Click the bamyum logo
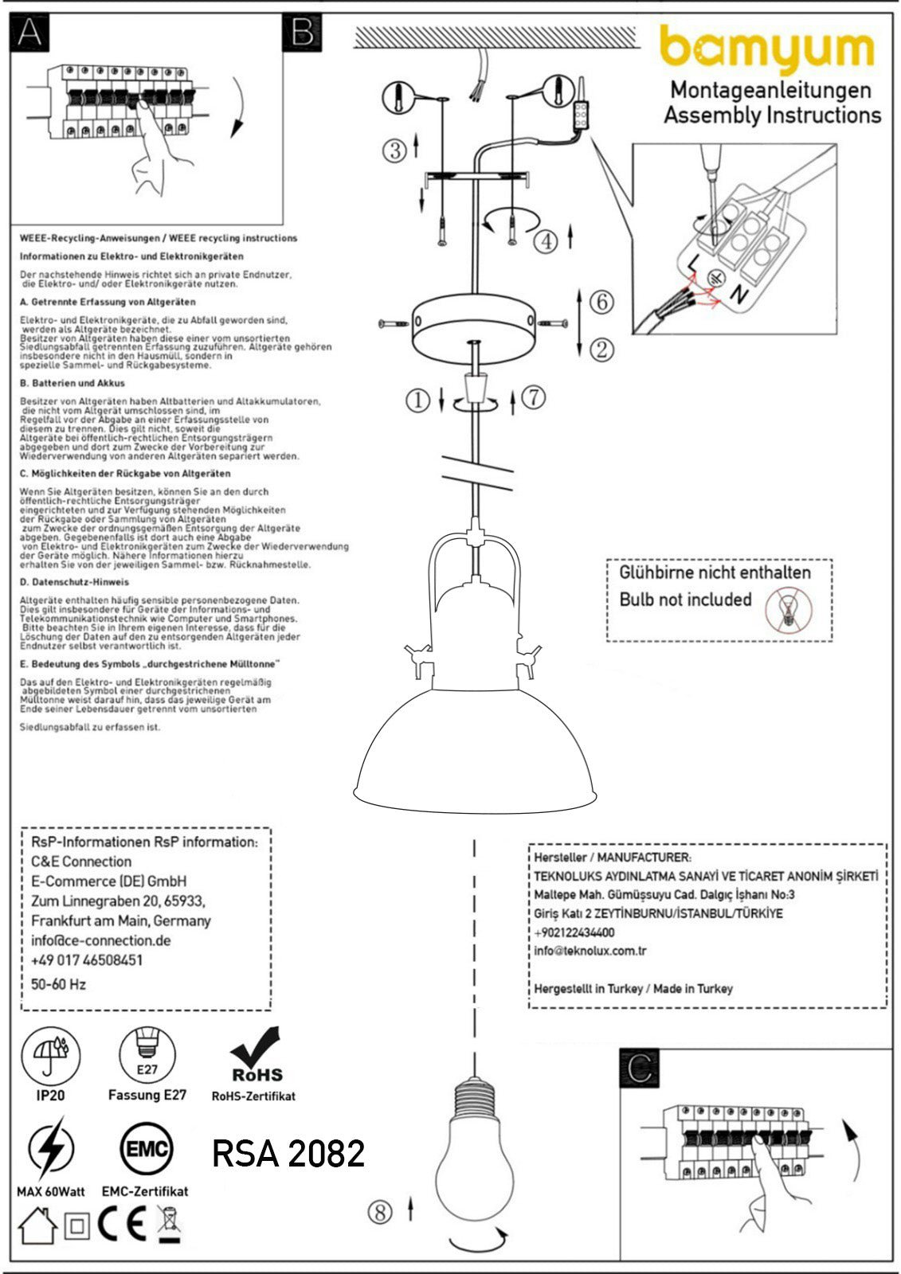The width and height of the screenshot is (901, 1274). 767,49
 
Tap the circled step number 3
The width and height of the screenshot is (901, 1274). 394,150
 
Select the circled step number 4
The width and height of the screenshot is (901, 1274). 545,240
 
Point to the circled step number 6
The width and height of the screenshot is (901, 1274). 602,302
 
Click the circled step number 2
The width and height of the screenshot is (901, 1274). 602,349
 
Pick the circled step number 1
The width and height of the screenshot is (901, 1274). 417,400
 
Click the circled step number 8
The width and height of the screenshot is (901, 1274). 380,1212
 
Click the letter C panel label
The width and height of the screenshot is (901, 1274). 638,1068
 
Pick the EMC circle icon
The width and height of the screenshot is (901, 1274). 145,1149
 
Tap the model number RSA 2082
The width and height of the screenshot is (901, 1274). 288,1153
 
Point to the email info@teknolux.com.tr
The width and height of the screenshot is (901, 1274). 590,951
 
